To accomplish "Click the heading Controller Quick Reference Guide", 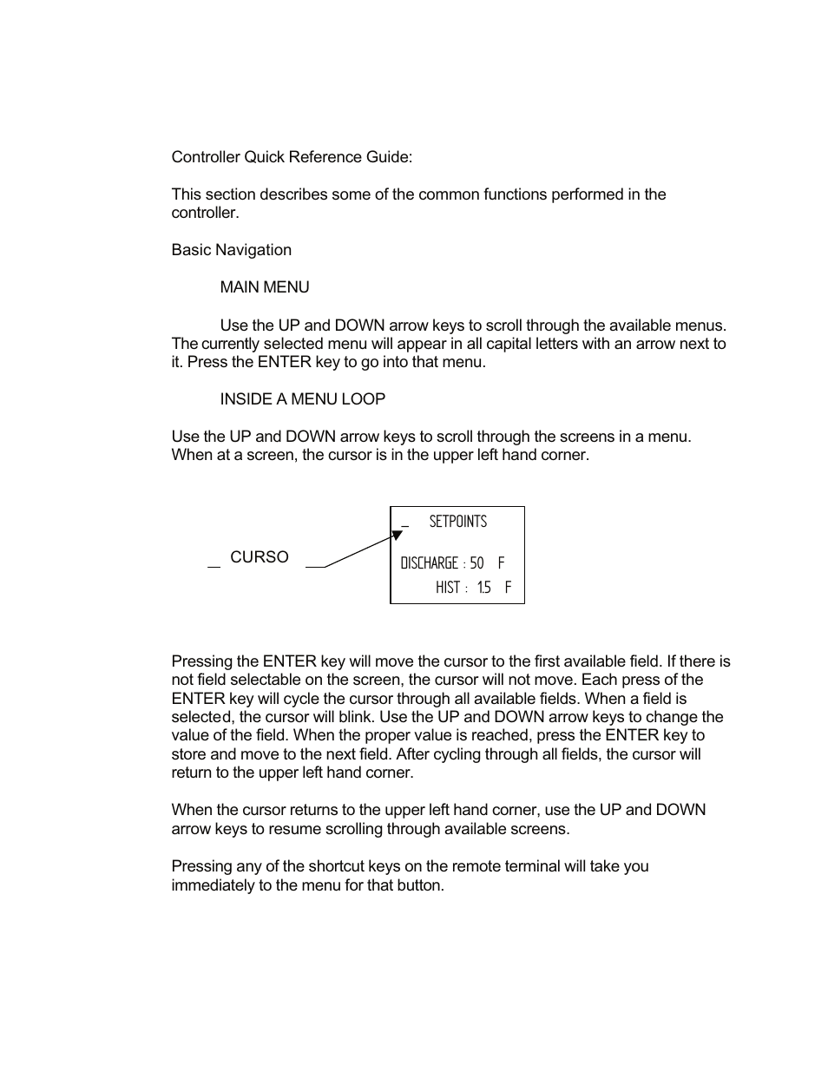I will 292,157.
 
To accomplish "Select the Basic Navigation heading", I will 231,250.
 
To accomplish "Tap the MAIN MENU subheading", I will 264,287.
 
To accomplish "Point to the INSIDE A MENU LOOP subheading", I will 302,399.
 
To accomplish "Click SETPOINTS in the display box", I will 457,522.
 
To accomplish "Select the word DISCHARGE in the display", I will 429,563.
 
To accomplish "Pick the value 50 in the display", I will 476,563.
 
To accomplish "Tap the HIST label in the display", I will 448,588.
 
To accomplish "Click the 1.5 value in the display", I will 483,588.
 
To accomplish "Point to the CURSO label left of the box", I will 259,557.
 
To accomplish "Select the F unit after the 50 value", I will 501,563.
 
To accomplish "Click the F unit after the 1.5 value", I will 508,588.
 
